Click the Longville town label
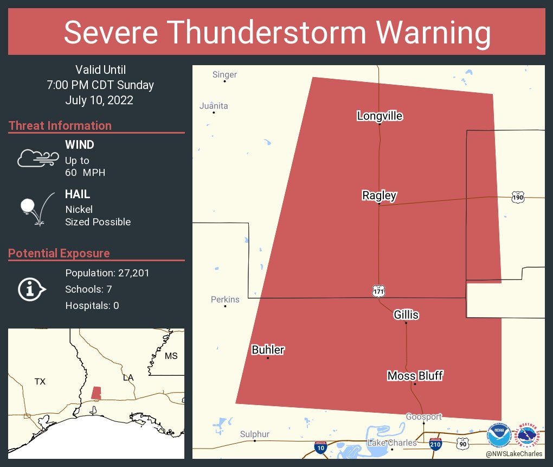pos(380,116)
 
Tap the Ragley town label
pos(379,195)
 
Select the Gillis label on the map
pos(406,314)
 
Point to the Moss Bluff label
pos(415,375)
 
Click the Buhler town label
pos(268,350)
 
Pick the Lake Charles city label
pos(392,443)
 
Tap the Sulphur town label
pos(254,434)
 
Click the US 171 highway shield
pos(378,292)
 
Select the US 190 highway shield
pos(517,198)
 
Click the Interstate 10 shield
pos(320,447)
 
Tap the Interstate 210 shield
pos(435,444)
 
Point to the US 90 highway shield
pos(462,444)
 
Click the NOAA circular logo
pos(498,435)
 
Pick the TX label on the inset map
pos(40,381)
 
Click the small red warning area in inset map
pos(96,393)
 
